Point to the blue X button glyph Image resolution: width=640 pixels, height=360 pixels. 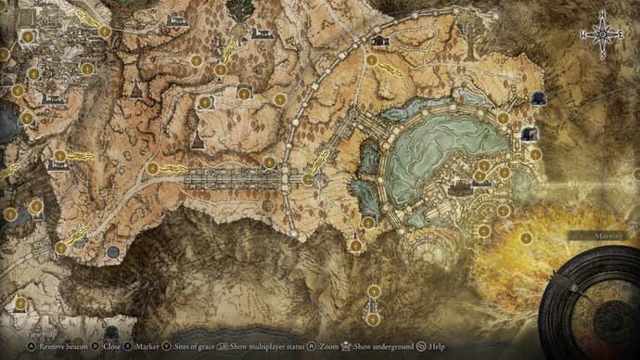tap(127, 344)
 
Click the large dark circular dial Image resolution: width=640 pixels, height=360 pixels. tap(590, 302)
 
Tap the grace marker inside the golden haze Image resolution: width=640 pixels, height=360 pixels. tap(525, 238)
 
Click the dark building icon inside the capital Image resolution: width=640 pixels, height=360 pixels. tap(458, 188)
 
